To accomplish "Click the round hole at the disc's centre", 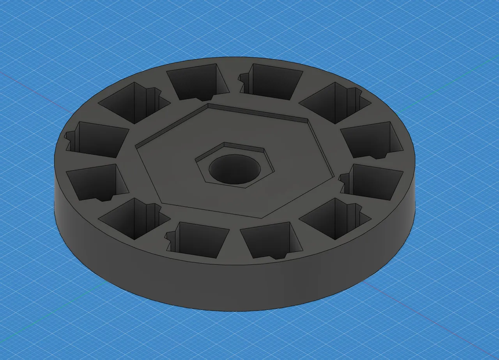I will point(234,170).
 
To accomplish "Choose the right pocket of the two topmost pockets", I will point(273,82).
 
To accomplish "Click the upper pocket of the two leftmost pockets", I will point(99,139).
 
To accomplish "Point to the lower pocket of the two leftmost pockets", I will point(96,181).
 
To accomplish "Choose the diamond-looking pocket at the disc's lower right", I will point(335,218).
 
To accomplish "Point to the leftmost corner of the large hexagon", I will point(136,147).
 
